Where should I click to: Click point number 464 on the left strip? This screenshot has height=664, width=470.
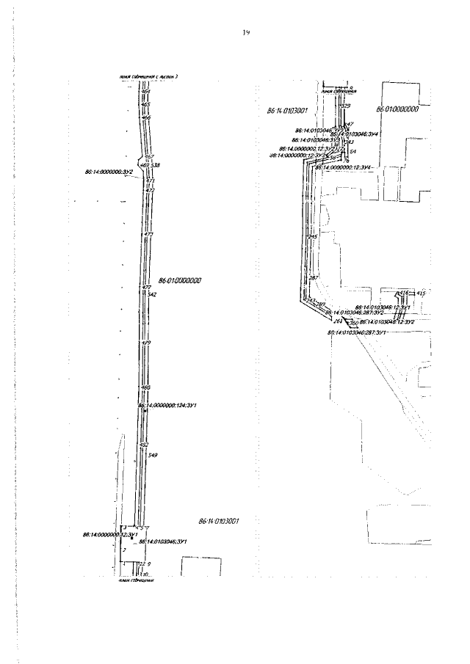coord(145,91)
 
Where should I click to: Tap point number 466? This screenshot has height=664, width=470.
coord(145,117)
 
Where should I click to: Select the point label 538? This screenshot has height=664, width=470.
coord(155,165)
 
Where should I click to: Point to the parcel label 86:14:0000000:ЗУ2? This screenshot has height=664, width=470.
coord(109,172)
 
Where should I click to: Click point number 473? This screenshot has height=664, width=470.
coord(149,234)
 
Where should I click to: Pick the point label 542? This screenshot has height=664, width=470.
coord(153,294)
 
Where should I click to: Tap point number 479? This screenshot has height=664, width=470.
coord(146,343)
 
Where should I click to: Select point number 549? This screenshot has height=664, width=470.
coord(153,456)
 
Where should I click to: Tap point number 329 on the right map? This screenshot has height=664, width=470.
coord(346,106)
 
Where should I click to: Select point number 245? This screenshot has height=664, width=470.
coord(312,237)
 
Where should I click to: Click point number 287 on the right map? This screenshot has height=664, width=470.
coord(313,280)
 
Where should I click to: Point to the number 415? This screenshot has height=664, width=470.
coord(421,293)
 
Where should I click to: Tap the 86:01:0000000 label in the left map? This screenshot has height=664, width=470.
coord(180,280)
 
